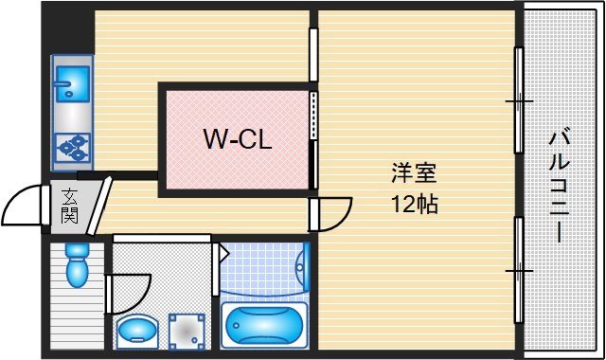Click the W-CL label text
(x=238, y=140)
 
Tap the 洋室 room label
(x=414, y=174)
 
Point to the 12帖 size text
(x=414, y=203)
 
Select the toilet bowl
(x=75, y=266)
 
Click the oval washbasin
(x=138, y=332)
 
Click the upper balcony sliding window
(x=518, y=99)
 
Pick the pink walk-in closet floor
(x=237, y=166)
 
